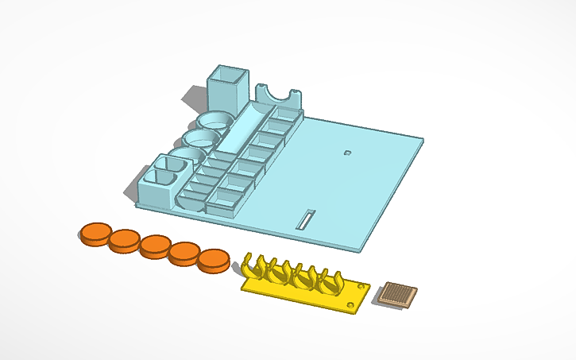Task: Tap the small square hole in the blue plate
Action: [x=347, y=151]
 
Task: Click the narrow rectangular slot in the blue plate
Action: [x=306, y=219]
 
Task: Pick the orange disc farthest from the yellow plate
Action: [x=94, y=233]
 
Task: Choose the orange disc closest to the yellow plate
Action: [x=214, y=261]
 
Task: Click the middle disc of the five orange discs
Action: [x=154, y=246]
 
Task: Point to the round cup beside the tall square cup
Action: [x=215, y=122]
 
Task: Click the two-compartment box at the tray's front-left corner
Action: [x=164, y=176]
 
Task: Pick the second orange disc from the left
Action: [x=124, y=240]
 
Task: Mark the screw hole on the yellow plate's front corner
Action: [x=351, y=304]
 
